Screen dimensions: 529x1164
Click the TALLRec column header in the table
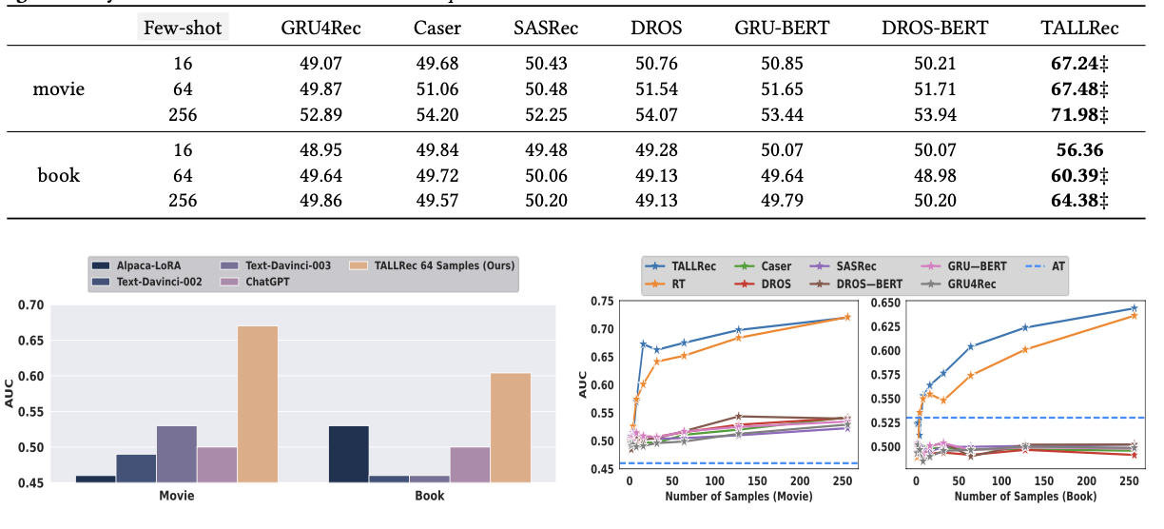tap(1079, 28)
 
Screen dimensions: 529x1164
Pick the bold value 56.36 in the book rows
tap(1079, 151)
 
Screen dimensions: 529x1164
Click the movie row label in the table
tap(60, 90)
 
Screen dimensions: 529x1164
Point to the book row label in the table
tap(59, 175)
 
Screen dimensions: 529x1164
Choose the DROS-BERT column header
tap(935, 28)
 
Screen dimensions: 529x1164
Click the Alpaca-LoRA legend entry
tap(138, 265)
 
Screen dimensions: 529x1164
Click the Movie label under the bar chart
tap(177, 496)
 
